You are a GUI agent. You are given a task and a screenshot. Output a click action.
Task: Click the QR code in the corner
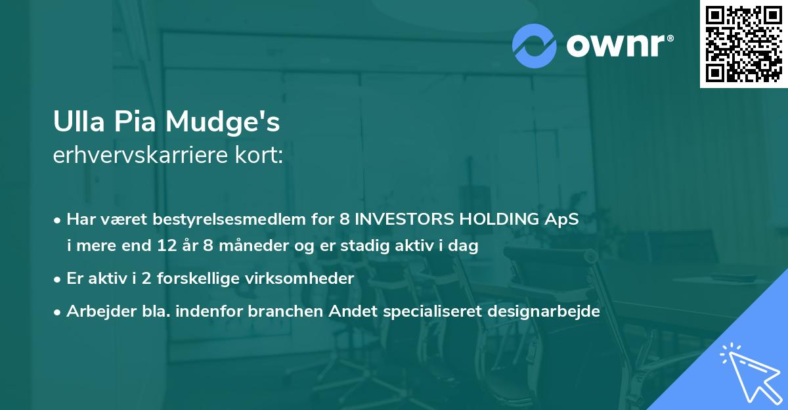pyautogui.click(x=743, y=44)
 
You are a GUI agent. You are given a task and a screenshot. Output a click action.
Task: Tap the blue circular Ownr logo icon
pyautogui.click(x=534, y=46)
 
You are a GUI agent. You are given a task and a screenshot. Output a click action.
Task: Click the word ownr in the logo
pyautogui.click(x=615, y=45)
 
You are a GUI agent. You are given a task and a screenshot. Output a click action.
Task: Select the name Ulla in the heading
pyautogui.click(x=79, y=122)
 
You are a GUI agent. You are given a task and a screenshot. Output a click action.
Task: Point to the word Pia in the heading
pyautogui.click(x=135, y=122)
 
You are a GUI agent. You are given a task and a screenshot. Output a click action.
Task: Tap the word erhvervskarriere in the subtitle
pyautogui.click(x=141, y=155)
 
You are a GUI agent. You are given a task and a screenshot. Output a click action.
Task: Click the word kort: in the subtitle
pyautogui.click(x=259, y=155)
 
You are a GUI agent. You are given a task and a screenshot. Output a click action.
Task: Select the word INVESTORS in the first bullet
pyautogui.click(x=405, y=219)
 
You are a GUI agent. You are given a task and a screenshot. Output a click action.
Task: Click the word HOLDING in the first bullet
pyautogui.click(x=499, y=219)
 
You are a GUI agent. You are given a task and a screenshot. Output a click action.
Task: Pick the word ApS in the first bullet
pyautogui.click(x=561, y=219)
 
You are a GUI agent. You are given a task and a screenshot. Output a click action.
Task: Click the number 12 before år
pyautogui.click(x=167, y=245)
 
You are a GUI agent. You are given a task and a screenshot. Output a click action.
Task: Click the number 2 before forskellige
pyautogui.click(x=146, y=279)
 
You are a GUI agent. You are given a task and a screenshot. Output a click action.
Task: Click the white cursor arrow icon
pyautogui.click(x=751, y=373)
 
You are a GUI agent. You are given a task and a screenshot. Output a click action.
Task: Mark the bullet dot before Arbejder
pyautogui.click(x=57, y=312)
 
